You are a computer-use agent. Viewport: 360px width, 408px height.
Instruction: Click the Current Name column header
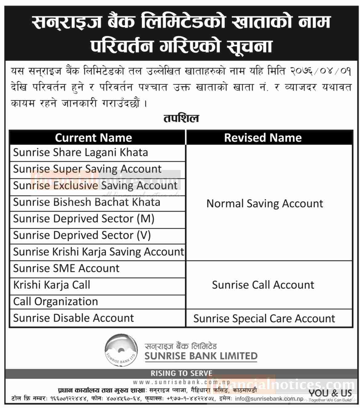tap(93, 138)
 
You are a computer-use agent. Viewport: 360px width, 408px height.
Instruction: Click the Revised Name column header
tap(263, 138)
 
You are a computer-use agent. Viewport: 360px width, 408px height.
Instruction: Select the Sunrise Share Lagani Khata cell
tap(81, 152)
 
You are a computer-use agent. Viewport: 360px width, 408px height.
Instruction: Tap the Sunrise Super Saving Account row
tap(87, 169)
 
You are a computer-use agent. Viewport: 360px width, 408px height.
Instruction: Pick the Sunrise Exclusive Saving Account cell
tap(95, 186)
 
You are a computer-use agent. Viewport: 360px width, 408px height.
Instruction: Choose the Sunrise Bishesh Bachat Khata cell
tap(87, 202)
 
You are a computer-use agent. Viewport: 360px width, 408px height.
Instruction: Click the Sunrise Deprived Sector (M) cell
tap(83, 219)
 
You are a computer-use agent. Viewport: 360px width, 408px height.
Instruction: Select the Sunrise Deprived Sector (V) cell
tap(82, 236)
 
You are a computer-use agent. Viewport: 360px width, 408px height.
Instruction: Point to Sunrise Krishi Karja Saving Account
tap(98, 252)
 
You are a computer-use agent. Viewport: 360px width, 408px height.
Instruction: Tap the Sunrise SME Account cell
tap(66, 269)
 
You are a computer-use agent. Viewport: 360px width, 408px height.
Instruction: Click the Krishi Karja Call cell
tap(52, 285)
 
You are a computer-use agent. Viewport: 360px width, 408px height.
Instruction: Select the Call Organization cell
tap(55, 302)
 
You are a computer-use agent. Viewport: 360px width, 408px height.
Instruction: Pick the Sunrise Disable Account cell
tap(74, 318)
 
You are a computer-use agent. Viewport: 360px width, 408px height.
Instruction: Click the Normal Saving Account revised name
tap(265, 204)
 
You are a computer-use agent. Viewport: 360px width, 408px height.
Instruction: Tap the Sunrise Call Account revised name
tap(263, 285)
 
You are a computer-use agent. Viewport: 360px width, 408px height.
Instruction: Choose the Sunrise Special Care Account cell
tap(264, 319)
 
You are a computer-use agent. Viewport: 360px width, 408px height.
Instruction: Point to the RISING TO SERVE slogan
tap(181, 374)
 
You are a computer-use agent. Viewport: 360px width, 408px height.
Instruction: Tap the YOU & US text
tap(330, 393)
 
